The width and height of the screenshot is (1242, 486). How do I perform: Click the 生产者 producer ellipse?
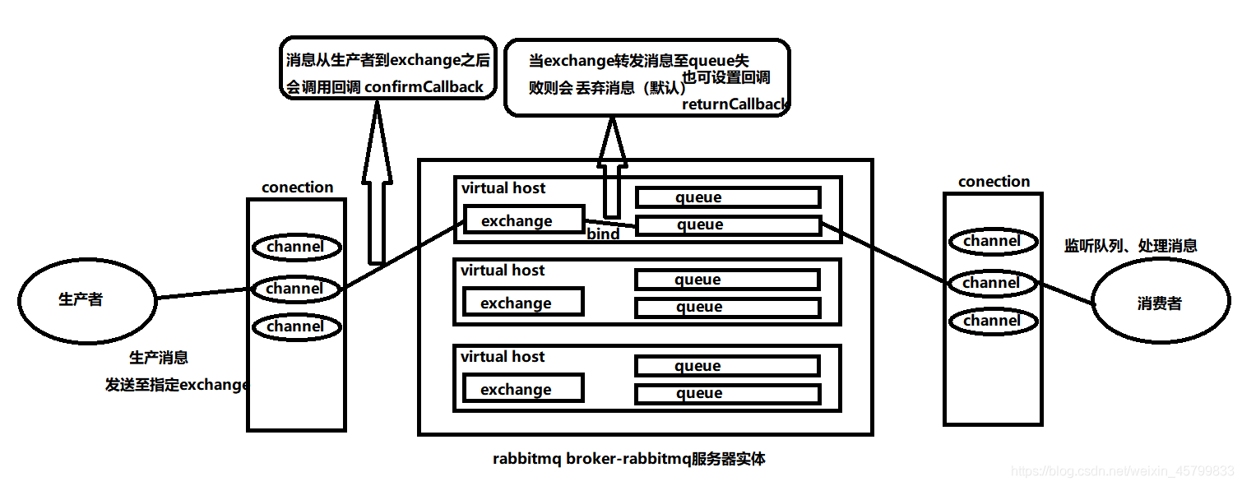coord(86,299)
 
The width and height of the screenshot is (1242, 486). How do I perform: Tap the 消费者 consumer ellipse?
coord(1160,303)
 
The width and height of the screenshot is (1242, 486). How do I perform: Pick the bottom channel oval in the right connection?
coord(991,321)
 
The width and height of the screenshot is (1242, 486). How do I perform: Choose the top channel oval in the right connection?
coord(991,241)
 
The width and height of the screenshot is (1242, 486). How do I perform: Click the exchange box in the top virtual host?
coord(523,220)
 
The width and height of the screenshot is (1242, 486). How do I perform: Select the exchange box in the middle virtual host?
coord(523,303)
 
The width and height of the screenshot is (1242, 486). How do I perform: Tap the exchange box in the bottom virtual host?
coord(523,389)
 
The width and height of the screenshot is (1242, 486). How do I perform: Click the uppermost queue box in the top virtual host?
coord(727,197)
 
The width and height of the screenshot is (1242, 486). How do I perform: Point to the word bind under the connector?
coord(603,234)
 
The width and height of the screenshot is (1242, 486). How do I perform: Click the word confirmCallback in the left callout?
coord(424,87)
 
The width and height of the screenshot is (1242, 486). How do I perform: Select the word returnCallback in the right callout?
coord(735,104)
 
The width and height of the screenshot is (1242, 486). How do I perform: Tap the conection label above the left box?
coord(297,187)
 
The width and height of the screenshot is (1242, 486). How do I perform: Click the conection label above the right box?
coord(994,182)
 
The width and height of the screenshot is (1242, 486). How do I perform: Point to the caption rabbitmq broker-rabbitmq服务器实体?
coord(629,459)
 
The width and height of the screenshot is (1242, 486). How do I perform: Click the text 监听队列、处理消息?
coord(1130,245)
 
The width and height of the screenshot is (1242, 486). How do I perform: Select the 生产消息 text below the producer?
coord(159,358)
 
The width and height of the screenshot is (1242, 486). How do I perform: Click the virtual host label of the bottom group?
coord(503,357)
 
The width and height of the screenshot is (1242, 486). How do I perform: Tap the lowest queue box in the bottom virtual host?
coord(727,394)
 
